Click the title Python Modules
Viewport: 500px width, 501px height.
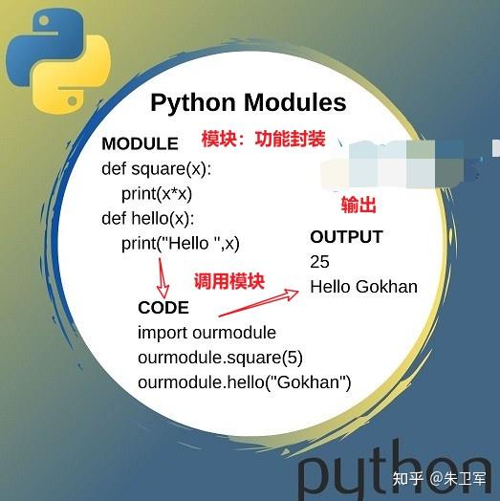(249, 102)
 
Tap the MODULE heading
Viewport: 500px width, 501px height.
(140, 143)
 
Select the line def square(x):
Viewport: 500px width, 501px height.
(156, 168)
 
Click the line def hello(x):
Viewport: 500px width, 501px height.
(148, 218)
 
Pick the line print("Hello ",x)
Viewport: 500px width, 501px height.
(181, 243)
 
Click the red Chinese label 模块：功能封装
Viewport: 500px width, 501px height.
(264, 139)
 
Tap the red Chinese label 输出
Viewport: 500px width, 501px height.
(359, 206)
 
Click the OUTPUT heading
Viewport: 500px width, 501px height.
(346, 236)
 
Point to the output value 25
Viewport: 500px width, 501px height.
(319, 261)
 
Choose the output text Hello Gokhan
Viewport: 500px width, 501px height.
(363, 286)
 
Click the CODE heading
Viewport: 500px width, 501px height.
(163, 308)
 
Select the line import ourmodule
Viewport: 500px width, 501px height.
(207, 333)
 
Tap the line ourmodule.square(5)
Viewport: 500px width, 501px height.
(220, 358)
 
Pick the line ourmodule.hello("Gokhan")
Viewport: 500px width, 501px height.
(245, 382)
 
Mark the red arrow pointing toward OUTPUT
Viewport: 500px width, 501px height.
(258, 302)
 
